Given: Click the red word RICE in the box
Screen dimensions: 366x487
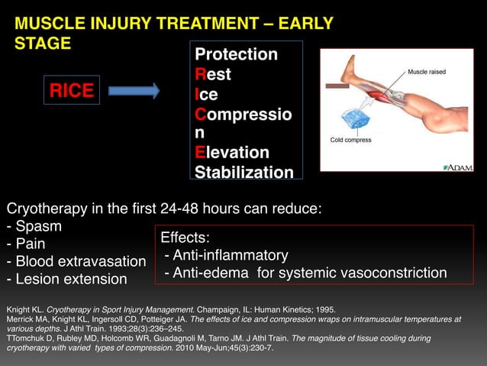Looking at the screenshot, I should point(72,92).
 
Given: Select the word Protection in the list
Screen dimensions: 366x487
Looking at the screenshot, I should point(236,55).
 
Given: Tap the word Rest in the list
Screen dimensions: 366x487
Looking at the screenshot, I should point(213,75).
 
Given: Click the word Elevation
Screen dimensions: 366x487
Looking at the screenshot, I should point(232,152).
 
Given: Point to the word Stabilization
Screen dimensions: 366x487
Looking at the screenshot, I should point(243,172).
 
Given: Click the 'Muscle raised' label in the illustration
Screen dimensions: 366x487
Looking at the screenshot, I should point(426,72).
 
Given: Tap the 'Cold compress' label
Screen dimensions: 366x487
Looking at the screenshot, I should point(350,140).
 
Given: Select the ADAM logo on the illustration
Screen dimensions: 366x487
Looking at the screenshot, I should point(458,167).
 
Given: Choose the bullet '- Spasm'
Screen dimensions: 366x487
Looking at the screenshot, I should point(34,227).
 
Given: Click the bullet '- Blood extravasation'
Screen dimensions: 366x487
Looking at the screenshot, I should point(76,261).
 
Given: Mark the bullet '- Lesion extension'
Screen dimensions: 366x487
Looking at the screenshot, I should point(66,279).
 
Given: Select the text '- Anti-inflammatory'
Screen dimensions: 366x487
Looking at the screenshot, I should point(226,255).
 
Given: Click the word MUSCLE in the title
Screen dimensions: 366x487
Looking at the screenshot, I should point(50,24).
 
